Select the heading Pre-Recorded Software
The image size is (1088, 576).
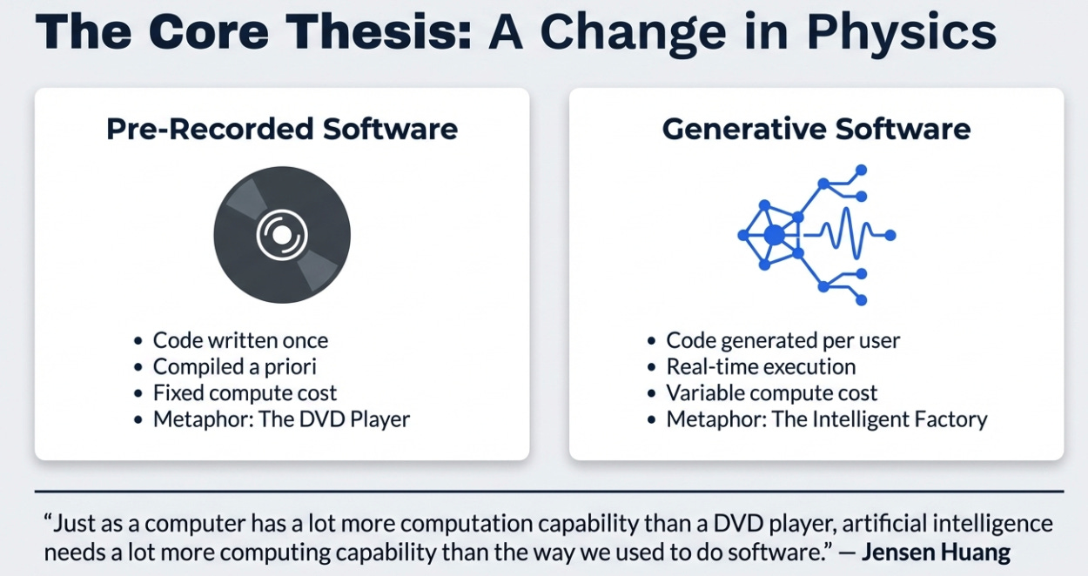point(282,129)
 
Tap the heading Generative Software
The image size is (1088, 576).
point(816,129)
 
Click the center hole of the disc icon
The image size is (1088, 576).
point(281,234)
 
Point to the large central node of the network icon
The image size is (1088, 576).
point(774,234)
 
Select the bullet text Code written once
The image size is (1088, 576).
point(240,340)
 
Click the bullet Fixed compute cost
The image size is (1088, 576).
point(245,392)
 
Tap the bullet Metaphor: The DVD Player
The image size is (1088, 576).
point(281,419)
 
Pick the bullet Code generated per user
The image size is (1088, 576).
point(783,340)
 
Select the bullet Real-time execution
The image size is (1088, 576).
point(761,366)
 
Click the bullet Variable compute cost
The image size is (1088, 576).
point(772,392)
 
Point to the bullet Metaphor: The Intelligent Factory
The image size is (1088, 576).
point(827,419)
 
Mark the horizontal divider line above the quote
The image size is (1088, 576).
point(548,492)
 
